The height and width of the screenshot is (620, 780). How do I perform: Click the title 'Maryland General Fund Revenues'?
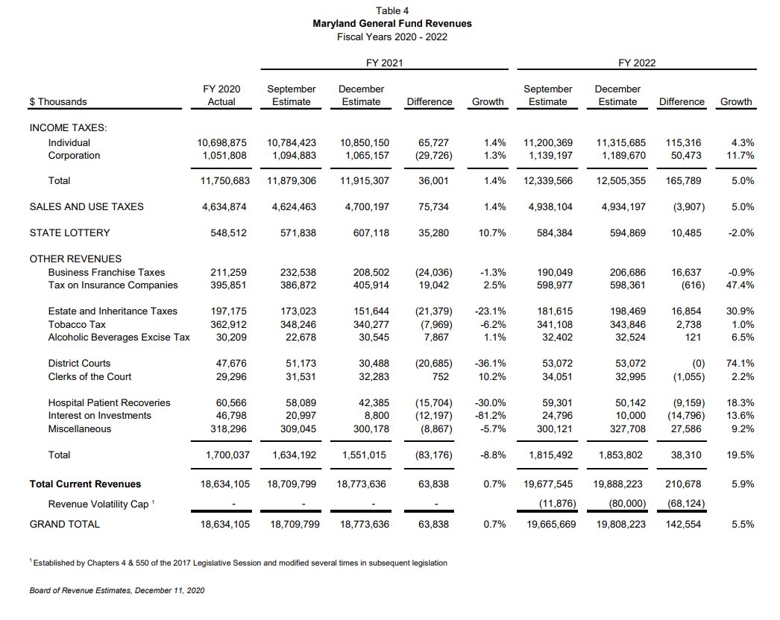point(391,24)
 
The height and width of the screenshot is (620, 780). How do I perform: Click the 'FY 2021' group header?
point(384,63)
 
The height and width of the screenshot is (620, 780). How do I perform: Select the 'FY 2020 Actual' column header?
point(221,95)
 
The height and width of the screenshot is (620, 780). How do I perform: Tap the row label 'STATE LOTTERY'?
point(69,233)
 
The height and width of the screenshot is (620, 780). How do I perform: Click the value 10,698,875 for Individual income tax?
point(221,142)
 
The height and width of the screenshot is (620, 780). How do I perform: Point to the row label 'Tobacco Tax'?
point(77,325)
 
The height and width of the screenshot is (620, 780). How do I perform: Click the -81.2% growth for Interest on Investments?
point(490,416)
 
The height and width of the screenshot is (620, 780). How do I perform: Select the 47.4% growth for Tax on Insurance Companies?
point(739,285)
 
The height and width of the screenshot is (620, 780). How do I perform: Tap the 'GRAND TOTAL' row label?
point(64,524)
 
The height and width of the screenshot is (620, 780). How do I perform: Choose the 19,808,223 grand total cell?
point(620,524)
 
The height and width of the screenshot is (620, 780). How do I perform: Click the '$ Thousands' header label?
point(58,102)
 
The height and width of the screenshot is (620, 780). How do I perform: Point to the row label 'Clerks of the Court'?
point(89,377)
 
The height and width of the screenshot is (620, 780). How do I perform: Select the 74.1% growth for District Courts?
point(739,364)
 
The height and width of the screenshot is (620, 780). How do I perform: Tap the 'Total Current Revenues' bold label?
point(85,484)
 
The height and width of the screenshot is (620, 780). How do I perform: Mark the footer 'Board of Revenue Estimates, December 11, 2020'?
point(117,591)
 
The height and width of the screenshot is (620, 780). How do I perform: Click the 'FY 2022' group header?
point(637,63)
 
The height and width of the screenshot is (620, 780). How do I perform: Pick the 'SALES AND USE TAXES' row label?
point(87,207)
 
